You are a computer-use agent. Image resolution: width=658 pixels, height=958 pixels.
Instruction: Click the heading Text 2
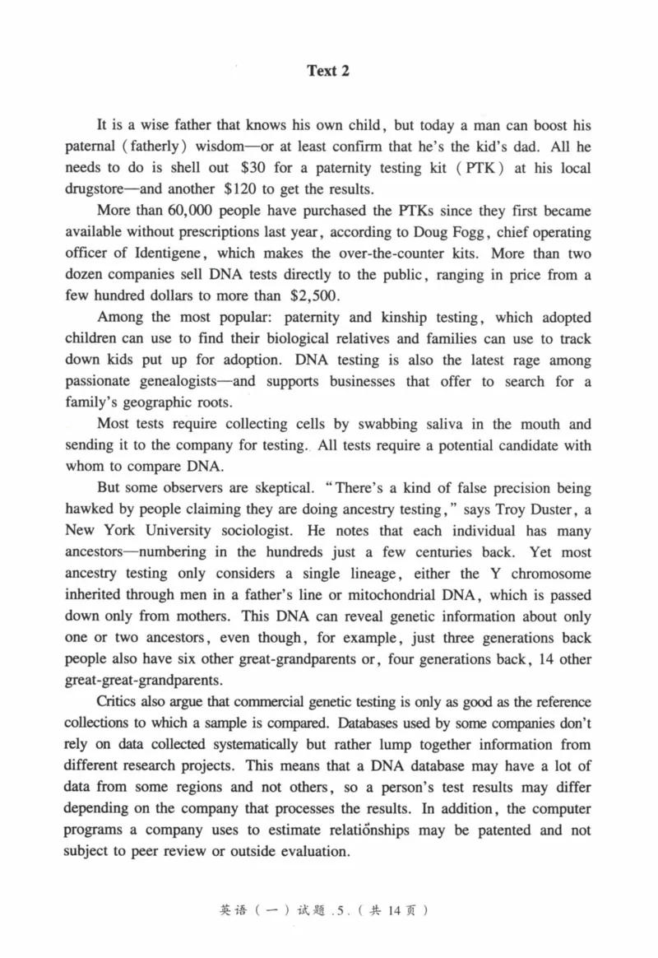(328, 71)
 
